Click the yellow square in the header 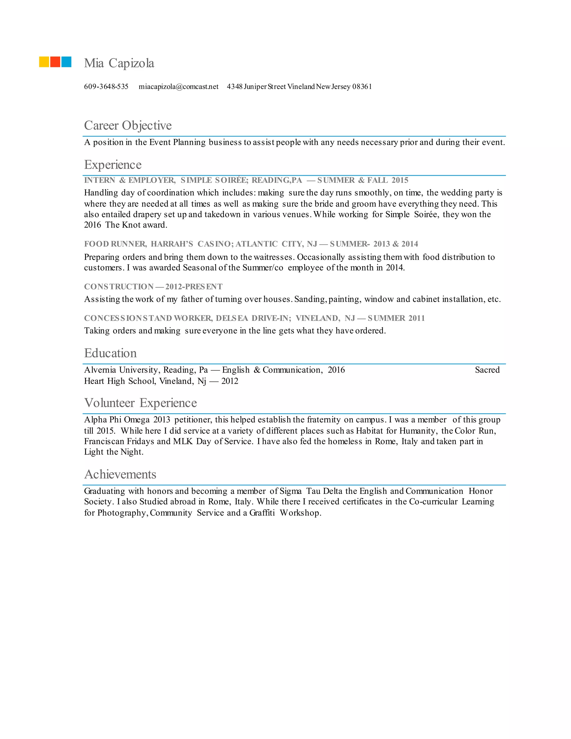click(x=44, y=62)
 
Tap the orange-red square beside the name click(x=55, y=62)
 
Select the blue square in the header click(x=66, y=62)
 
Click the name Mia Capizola click(x=119, y=63)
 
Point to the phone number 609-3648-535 click(x=106, y=87)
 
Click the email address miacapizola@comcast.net click(x=179, y=87)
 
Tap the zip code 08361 click(x=362, y=87)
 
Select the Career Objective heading click(x=128, y=125)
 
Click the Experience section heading click(x=113, y=165)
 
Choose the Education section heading click(x=110, y=353)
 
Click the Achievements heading click(x=120, y=474)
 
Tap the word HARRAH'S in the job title click(x=172, y=244)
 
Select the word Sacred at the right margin click(x=487, y=370)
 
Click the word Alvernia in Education click(x=100, y=370)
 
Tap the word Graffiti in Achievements click(x=262, y=513)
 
